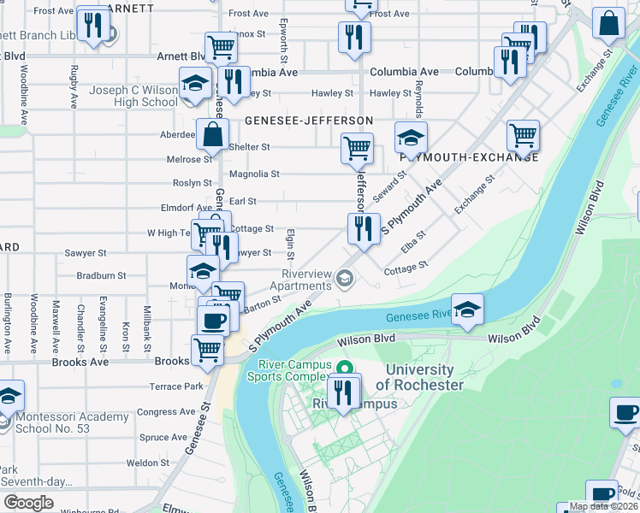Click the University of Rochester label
click(419, 377)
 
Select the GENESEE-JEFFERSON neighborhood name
click(309, 121)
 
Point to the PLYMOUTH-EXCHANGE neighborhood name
click(469, 157)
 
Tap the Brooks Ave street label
click(80, 362)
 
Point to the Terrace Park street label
click(176, 386)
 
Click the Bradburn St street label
click(101, 276)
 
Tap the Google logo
click(28, 503)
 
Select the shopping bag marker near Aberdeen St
click(212, 134)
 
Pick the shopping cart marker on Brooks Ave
click(207, 351)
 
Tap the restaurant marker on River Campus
click(343, 392)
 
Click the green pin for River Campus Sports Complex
click(344, 369)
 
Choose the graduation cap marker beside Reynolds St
click(411, 138)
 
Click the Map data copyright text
click(603, 506)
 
